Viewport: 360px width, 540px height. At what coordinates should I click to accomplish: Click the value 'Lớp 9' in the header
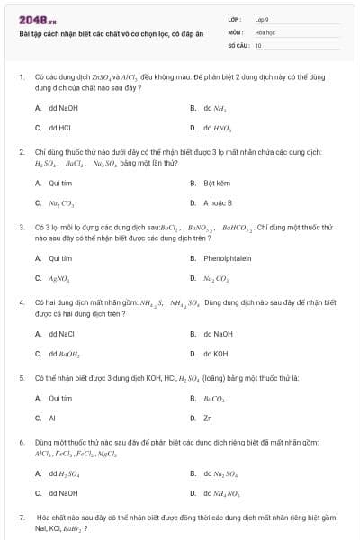click(x=262, y=19)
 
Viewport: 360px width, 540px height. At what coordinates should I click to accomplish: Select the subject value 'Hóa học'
click(x=265, y=31)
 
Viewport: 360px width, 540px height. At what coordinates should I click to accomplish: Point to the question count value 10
click(x=258, y=44)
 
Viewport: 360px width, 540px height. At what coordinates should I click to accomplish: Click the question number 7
click(x=21, y=517)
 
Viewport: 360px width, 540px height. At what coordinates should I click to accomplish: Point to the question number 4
click(x=21, y=303)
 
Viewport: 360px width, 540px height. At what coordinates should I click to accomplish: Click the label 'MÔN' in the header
click(x=236, y=31)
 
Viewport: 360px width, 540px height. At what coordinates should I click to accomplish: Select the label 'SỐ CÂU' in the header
click(x=238, y=44)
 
